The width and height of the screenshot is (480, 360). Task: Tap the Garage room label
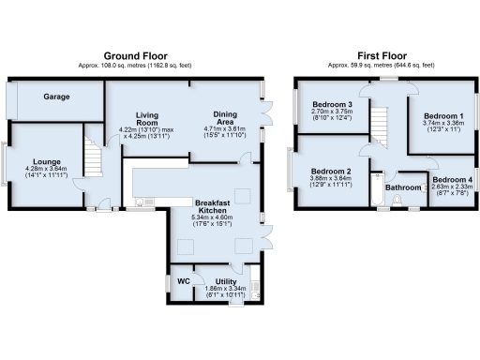pyautogui.click(x=59, y=97)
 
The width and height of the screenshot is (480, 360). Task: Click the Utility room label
pyautogui.click(x=225, y=280)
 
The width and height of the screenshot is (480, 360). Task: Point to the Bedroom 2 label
pyautogui.click(x=330, y=172)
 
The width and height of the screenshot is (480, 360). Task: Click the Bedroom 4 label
pyautogui.click(x=452, y=179)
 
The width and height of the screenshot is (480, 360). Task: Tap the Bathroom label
pyautogui.click(x=404, y=187)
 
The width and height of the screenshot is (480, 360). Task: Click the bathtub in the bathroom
pyautogui.click(x=376, y=191)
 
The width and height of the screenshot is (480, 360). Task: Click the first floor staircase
pyautogui.click(x=379, y=123)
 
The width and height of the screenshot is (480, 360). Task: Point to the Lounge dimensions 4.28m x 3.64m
pyautogui.click(x=41, y=171)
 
